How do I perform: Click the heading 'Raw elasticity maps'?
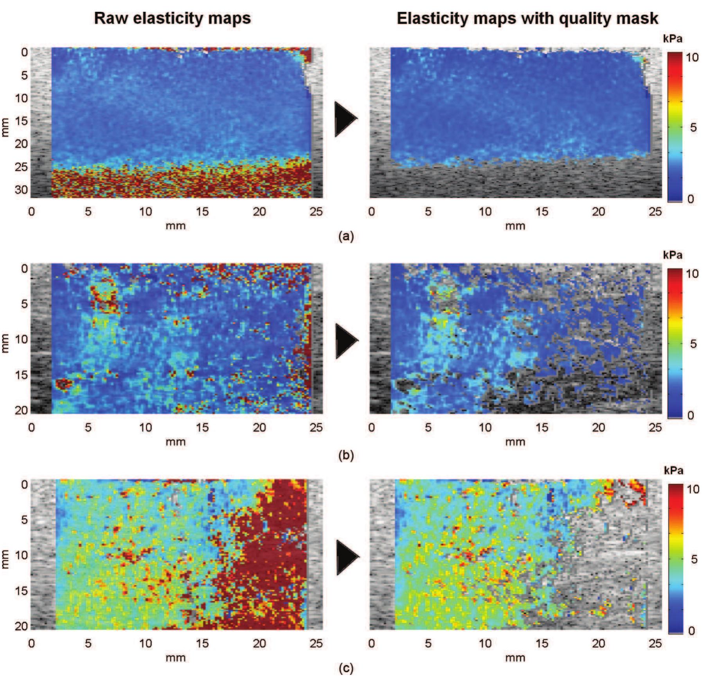[x=172, y=18]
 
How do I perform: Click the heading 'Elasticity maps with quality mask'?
[x=527, y=18]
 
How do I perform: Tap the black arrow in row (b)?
[x=346, y=340]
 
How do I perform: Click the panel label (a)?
[x=346, y=236]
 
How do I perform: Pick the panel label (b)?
[x=346, y=455]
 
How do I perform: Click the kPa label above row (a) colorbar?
[x=673, y=39]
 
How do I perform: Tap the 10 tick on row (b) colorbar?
[x=692, y=274]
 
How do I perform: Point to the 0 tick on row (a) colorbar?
[x=690, y=199]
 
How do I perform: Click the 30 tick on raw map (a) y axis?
[x=22, y=190]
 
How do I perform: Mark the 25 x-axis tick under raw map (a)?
[x=316, y=212]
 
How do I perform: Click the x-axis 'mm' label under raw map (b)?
[x=175, y=442]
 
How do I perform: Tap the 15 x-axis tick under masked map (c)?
[x=542, y=643]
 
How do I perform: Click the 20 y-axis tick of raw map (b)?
[x=22, y=410]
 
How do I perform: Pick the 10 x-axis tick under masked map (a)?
[x=485, y=212]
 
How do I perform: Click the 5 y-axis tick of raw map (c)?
[x=24, y=520]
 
